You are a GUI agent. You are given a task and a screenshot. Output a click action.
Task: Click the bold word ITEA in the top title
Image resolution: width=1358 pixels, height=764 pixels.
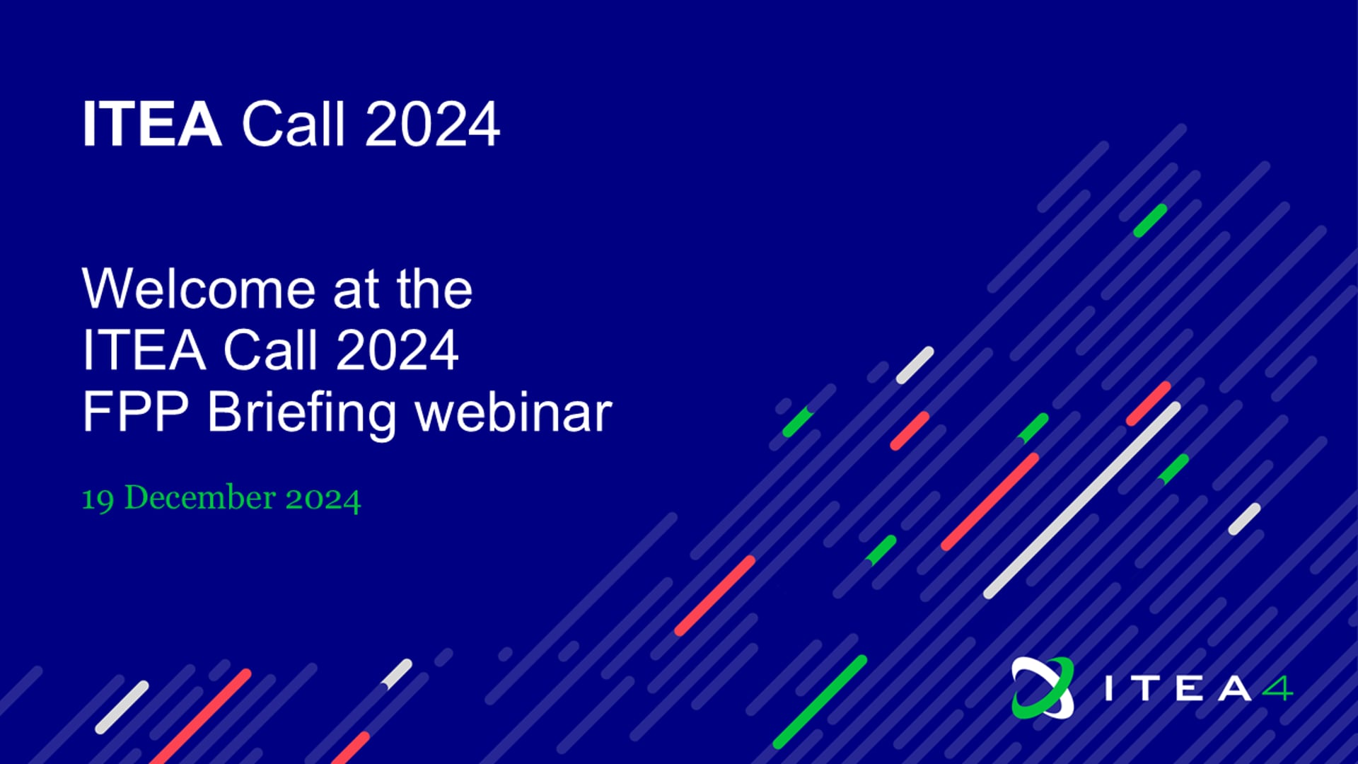[152, 125]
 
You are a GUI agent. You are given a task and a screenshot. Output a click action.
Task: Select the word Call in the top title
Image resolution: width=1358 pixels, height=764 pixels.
[293, 124]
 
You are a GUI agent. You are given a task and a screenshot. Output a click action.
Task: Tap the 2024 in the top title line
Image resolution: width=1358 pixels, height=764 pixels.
[433, 125]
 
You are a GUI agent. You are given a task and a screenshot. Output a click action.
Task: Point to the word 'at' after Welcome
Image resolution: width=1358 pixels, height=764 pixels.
[356, 291]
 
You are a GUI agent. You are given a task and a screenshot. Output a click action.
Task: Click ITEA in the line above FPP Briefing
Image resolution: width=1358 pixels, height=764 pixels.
[144, 350]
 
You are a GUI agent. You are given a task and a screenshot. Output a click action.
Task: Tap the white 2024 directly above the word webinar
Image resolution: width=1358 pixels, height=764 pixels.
[397, 350]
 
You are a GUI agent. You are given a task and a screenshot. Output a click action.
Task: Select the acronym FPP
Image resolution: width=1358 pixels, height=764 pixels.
[136, 412]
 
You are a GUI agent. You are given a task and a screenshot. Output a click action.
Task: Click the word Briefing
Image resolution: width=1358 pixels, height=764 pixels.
[301, 415]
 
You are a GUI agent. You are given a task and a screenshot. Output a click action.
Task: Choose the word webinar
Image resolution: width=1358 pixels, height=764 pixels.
[513, 411]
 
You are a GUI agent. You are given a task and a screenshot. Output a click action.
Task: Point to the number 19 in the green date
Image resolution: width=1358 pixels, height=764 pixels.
[98, 499]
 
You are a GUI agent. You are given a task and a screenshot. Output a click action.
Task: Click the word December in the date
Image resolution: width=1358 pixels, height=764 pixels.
[200, 497]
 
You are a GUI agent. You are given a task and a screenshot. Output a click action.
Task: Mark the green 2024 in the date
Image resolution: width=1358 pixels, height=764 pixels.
[323, 499]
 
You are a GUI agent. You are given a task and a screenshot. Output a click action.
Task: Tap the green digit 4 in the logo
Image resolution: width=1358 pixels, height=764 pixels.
[1278, 688]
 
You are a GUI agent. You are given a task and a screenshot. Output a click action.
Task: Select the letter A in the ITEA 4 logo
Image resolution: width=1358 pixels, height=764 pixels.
[1234, 688]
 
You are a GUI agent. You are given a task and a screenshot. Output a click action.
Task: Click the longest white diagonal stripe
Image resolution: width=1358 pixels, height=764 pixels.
[1082, 500]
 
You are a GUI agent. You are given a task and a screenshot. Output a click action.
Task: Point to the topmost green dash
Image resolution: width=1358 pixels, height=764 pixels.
[1150, 220]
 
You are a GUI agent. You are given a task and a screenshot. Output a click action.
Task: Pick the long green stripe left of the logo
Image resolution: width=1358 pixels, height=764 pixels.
[820, 702]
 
